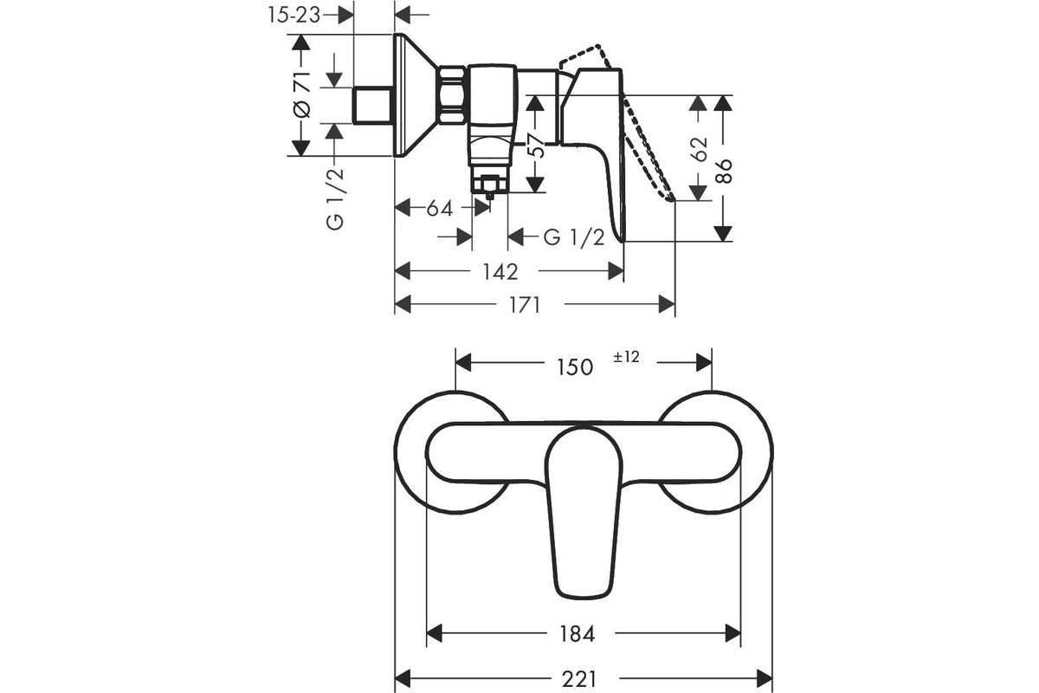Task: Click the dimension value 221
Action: pos(579,679)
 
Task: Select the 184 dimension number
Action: pos(577,633)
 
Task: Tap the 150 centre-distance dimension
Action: pos(575,367)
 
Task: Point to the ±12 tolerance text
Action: pos(626,357)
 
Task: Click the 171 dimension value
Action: pos(525,306)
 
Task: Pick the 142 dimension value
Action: pos(500,271)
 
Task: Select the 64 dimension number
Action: pos(440,209)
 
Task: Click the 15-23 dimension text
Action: pos(294,16)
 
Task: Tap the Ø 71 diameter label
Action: pos(302,94)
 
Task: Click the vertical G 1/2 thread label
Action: pos(335,198)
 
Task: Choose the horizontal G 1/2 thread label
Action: pos(574,237)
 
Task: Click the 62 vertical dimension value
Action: pos(700,149)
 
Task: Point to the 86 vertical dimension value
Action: pos(724,171)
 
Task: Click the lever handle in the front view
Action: pos(584,513)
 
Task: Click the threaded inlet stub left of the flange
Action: pos(373,106)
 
